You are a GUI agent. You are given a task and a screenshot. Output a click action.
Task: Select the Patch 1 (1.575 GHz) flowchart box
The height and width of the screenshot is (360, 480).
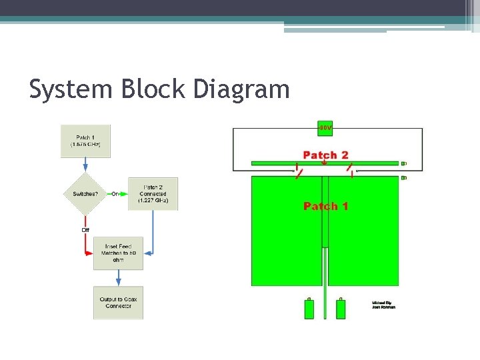click(85, 141)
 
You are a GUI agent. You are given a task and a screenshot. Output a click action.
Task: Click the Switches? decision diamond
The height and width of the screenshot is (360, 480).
click(85, 194)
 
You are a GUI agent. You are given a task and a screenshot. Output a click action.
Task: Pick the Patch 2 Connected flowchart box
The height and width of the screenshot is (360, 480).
click(152, 194)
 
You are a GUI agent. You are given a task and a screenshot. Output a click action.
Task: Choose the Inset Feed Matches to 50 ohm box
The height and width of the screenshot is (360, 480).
click(119, 253)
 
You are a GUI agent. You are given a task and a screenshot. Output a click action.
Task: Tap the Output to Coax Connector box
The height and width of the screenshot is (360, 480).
click(119, 303)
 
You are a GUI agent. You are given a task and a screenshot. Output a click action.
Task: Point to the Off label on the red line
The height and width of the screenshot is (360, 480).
click(85, 230)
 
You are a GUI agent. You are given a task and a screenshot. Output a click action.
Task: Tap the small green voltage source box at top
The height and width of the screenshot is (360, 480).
click(325, 127)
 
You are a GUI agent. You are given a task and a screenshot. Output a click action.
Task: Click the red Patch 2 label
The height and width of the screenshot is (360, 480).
click(325, 155)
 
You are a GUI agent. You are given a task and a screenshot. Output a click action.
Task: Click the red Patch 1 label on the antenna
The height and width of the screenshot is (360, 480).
click(325, 206)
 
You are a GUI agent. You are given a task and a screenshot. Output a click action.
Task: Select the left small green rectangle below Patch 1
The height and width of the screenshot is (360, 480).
click(309, 309)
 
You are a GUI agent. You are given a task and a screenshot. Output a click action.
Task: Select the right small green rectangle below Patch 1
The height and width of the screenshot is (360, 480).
click(341, 309)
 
